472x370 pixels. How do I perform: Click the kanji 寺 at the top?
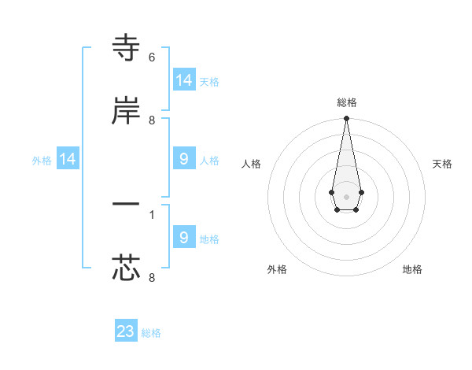tap(127, 48)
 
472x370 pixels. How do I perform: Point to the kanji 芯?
tap(127, 268)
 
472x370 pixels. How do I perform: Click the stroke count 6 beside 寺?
tap(152, 57)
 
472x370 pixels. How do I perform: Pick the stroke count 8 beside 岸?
tap(152, 120)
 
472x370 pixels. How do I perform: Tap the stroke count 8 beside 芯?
tap(152, 278)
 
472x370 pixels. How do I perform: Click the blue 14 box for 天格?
tap(184, 80)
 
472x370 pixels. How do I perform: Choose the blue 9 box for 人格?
tap(184, 159)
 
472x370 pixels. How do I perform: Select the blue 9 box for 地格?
tap(184, 238)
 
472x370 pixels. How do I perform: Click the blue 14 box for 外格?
tap(68, 159)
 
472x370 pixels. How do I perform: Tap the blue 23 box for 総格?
tap(126, 331)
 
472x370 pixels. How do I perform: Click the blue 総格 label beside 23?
tap(152, 333)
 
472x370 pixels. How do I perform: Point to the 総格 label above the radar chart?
tap(347, 102)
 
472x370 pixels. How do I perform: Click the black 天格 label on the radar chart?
tap(443, 164)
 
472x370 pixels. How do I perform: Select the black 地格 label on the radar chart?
tap(413, 269)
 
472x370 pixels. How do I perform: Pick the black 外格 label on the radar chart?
tap(277, 269)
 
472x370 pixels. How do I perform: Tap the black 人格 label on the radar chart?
tap(252, 164)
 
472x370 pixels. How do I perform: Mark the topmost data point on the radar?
tap(346, 119)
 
